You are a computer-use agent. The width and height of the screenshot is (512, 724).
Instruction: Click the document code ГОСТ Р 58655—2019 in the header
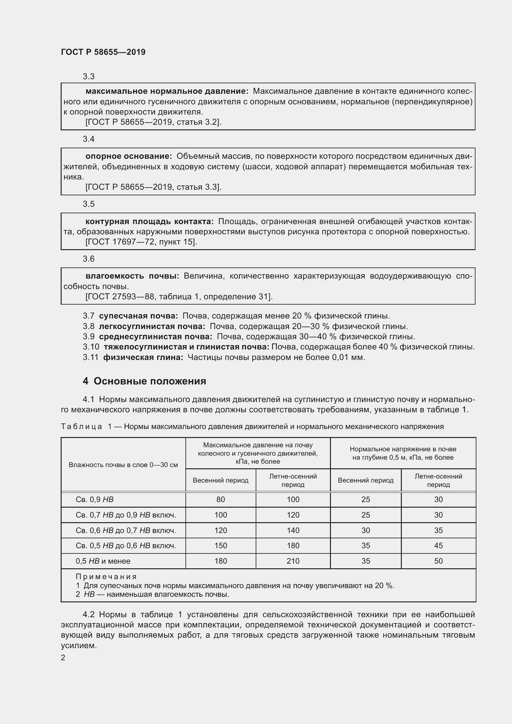pos(103,52)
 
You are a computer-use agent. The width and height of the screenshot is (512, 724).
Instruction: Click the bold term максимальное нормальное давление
pos(167,91)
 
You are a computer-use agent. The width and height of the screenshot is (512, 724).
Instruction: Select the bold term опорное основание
pos(129,156)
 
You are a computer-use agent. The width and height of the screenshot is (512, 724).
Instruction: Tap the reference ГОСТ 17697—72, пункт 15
pos(141,242)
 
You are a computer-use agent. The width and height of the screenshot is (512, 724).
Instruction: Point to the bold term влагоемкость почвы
pos(132,276)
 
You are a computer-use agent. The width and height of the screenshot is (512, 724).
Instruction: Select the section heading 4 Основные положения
pos(144,381)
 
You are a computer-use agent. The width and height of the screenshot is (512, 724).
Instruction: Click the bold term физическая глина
pos(143,357)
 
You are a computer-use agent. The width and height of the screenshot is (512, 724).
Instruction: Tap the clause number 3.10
pos(91,347)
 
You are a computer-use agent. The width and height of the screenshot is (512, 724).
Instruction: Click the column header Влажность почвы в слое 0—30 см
pos(123,465)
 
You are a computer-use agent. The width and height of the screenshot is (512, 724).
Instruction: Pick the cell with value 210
pos(293,561)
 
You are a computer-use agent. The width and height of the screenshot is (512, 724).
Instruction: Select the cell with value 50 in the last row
pos(438,561)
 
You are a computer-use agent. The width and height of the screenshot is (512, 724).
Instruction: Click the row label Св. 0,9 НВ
pos(95,500)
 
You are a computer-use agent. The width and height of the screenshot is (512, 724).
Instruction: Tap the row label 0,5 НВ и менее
pos(103,561)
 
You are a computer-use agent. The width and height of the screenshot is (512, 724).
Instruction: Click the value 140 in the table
pos(293,531)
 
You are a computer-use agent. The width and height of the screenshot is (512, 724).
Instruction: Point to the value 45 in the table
pos(438,545)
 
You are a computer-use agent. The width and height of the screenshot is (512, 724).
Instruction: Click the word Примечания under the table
pos(106,576)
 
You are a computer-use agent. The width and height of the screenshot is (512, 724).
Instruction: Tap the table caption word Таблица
pos(81,427)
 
